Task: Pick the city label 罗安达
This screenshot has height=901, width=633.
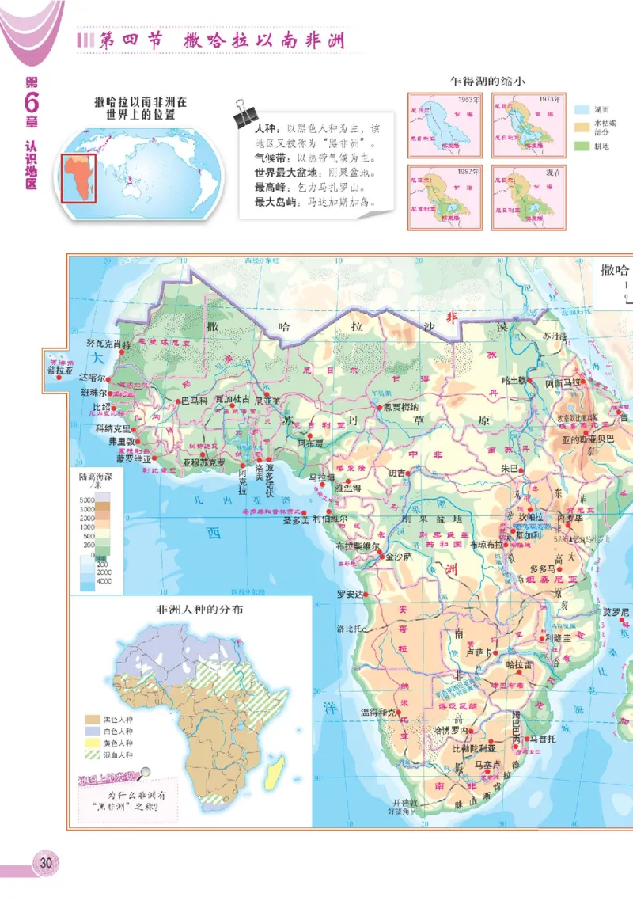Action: pos(350,595)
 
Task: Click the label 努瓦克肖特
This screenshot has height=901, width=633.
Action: pos(108,344)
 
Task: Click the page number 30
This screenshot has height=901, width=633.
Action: pos(45,862)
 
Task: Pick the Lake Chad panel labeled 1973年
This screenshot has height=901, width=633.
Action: pos(522,124)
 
